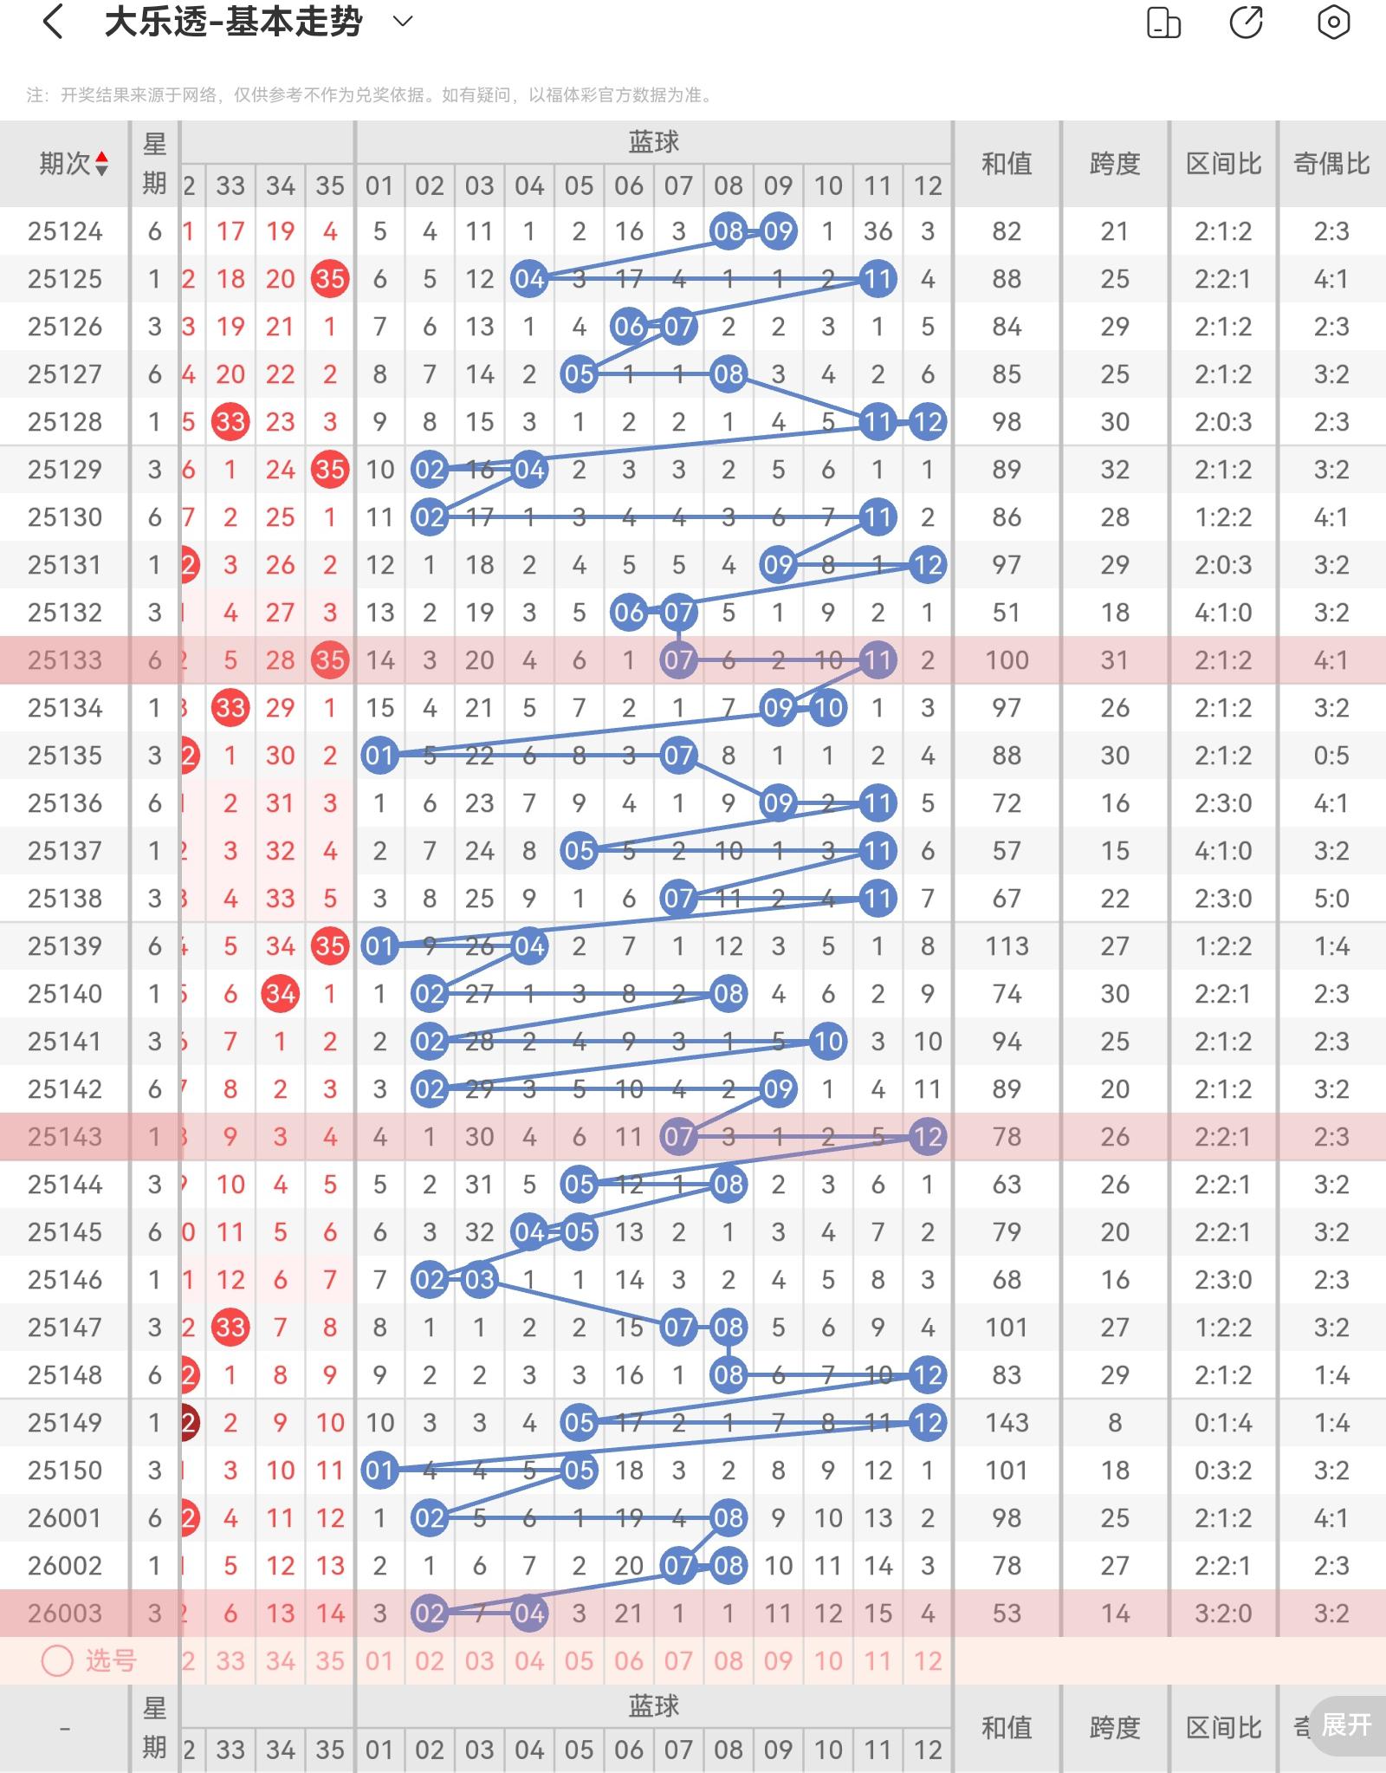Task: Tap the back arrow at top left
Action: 53,23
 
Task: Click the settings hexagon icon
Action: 1333,23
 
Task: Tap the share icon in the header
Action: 1247,23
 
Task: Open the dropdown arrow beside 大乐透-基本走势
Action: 403,22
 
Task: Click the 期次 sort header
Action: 73,163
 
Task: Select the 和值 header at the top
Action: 1007,163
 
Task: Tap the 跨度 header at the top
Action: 1115,163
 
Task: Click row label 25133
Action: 65,660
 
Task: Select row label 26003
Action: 65,1614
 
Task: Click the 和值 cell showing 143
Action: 1007,1423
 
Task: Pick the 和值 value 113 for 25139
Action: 1007,946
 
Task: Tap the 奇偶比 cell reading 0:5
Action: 1331,756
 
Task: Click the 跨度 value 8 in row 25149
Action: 1115,1423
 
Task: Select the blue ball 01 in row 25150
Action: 379,1471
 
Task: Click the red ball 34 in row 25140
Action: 280,994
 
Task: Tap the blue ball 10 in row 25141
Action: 828,1042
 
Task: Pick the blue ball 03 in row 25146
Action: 479,1280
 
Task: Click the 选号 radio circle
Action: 58,1661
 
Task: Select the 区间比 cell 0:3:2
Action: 1223,1471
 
